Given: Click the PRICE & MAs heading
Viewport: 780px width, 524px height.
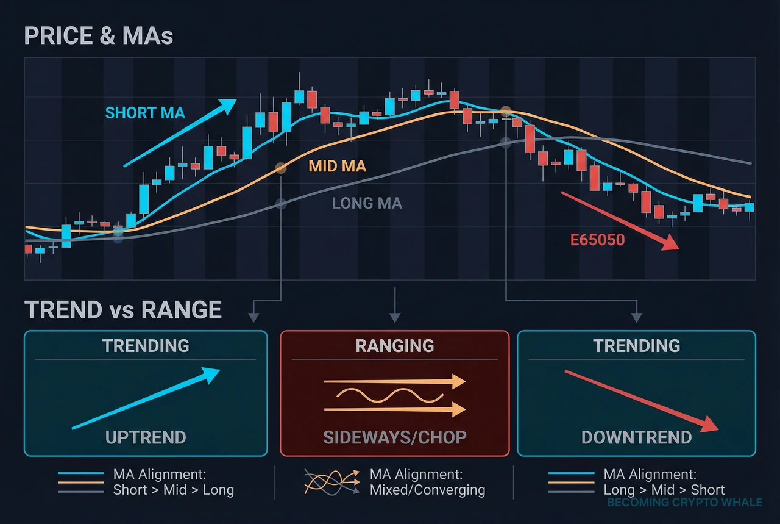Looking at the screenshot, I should [99, 36].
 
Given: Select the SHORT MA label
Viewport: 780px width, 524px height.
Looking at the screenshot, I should [145, 113].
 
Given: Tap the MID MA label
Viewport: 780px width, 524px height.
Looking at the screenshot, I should [337, 166].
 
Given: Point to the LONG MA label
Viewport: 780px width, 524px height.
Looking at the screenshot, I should [367, 203].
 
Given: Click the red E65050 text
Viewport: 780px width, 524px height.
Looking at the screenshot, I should [597, 240].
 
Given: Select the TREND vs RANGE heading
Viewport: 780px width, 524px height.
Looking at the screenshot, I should [123, 310].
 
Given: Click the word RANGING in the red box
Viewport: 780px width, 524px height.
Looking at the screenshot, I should [394, 346].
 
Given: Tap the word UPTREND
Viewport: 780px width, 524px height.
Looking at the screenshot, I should [146, 437].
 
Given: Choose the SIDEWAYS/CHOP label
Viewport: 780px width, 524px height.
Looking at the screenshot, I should [394, 437].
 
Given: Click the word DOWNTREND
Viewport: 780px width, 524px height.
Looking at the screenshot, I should [636, 437].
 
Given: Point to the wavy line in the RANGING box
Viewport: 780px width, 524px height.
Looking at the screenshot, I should [390, 397].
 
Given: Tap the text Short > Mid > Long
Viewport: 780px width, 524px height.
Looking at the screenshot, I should [173, 490].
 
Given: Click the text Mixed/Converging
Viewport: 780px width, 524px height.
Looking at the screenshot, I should [427, 490].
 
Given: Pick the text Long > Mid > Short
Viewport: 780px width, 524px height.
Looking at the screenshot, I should [664, 490].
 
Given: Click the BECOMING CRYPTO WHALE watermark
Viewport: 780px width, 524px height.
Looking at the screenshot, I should [684, 503].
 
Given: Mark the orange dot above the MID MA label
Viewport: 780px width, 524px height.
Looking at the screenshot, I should [280, 167].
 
